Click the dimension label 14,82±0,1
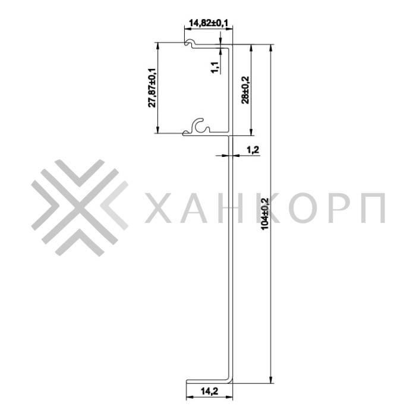(209, 23)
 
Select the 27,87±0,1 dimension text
(152, 87)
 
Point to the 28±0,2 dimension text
(245, 89)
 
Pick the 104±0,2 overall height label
(264, 214)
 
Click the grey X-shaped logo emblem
(80, 207)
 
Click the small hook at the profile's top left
(189, 43)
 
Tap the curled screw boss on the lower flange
(201, 126)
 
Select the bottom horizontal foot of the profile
(208, 382)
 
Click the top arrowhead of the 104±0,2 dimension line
(271, 46)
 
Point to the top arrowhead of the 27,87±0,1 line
(157, 45)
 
